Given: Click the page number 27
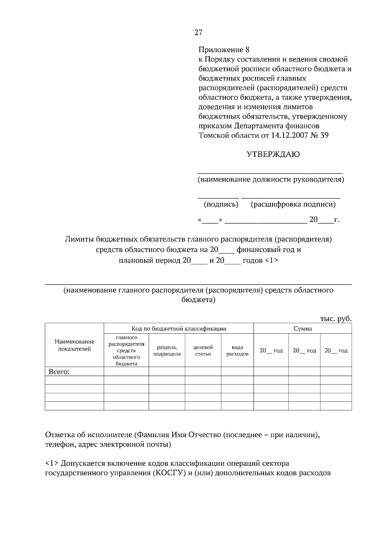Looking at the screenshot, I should [198, 33].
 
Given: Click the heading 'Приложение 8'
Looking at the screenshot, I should [224, 50].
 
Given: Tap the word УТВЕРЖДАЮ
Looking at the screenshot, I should [273, 154].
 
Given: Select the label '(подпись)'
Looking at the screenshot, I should [221, 204].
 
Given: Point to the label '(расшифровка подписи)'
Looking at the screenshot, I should [293, 204].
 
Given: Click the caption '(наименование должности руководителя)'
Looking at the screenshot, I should [271, 180].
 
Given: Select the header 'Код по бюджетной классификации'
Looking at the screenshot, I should [179, 329].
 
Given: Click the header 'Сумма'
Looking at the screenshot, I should [303, 329].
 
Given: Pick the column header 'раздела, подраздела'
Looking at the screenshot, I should [167, 350].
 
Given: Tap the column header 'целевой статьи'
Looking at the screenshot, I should [203, 350].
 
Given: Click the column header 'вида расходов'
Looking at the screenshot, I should [237, 350].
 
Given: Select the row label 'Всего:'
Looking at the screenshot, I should [59, 372].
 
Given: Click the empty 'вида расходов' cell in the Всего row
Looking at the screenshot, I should [237, 372].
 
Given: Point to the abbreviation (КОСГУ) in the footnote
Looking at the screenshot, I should [170, 473].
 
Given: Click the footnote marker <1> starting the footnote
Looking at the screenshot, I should [52, 464].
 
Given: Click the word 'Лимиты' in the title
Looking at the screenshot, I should [77, 239].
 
